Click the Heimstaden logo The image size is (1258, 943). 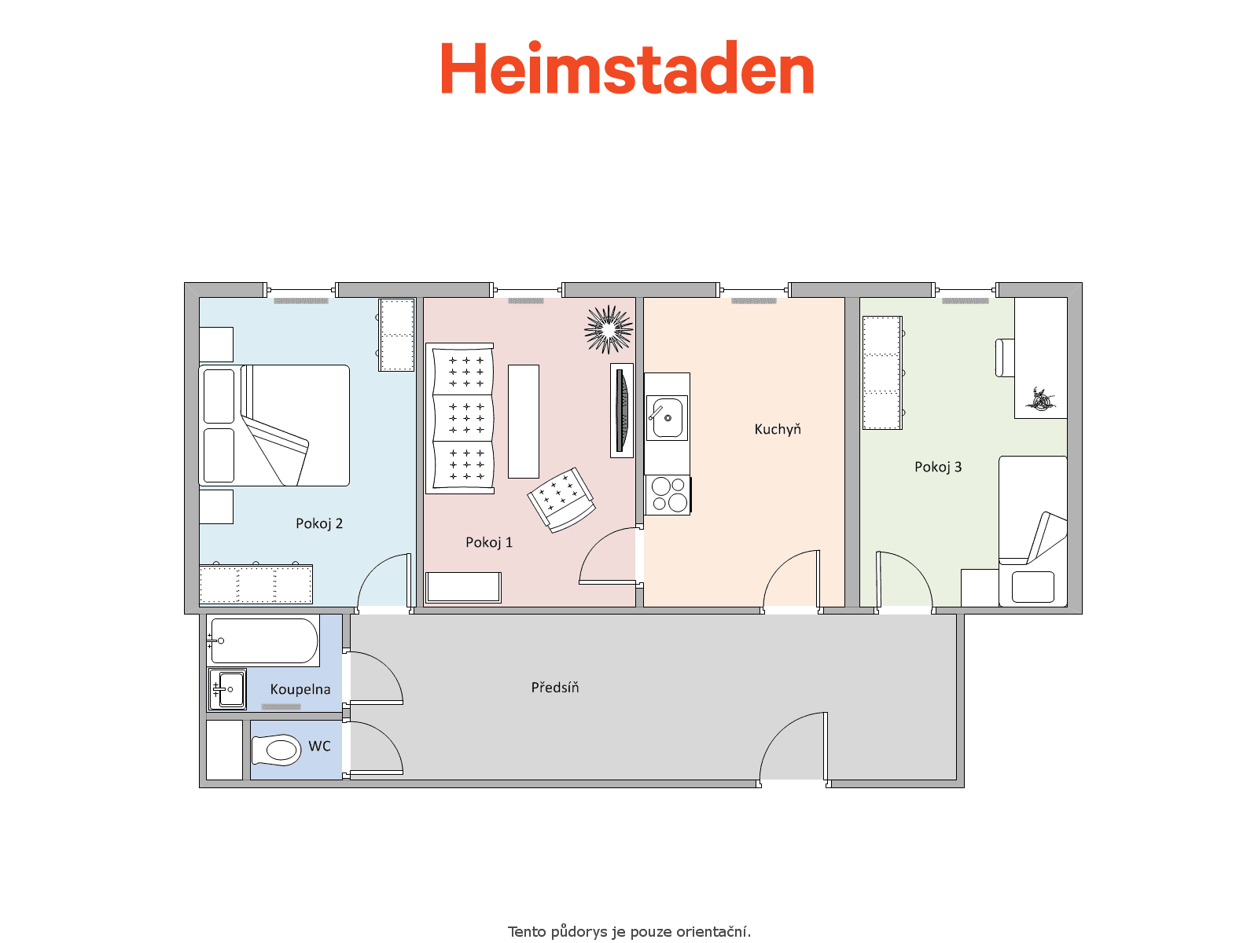click(627, 68)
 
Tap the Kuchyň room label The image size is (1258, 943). click(777, 429)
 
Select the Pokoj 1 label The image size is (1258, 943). click(489, 542)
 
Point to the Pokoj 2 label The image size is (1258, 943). click(318, 523)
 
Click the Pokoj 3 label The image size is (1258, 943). click(938, 467)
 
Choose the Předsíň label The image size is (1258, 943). click(555, 687)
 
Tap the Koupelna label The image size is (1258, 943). click(300, 689)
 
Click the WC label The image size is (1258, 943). click(319, 746)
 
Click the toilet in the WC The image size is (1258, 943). click(276, 750)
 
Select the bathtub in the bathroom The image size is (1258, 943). click(263, 640)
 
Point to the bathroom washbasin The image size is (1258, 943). click(227, 689)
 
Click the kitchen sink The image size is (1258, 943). click(667, 418)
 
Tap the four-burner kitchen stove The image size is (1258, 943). click(668, 495)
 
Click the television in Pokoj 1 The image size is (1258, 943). click(622, 410)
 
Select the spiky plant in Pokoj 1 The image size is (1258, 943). click(609, 329)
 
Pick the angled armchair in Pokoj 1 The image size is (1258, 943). click(561, 500)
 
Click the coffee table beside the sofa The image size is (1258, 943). click(524, 421)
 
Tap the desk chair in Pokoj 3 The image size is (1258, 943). click(1004, 358)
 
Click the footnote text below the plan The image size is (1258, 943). click(629, 931)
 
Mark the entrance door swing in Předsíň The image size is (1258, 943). click(785, 731)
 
